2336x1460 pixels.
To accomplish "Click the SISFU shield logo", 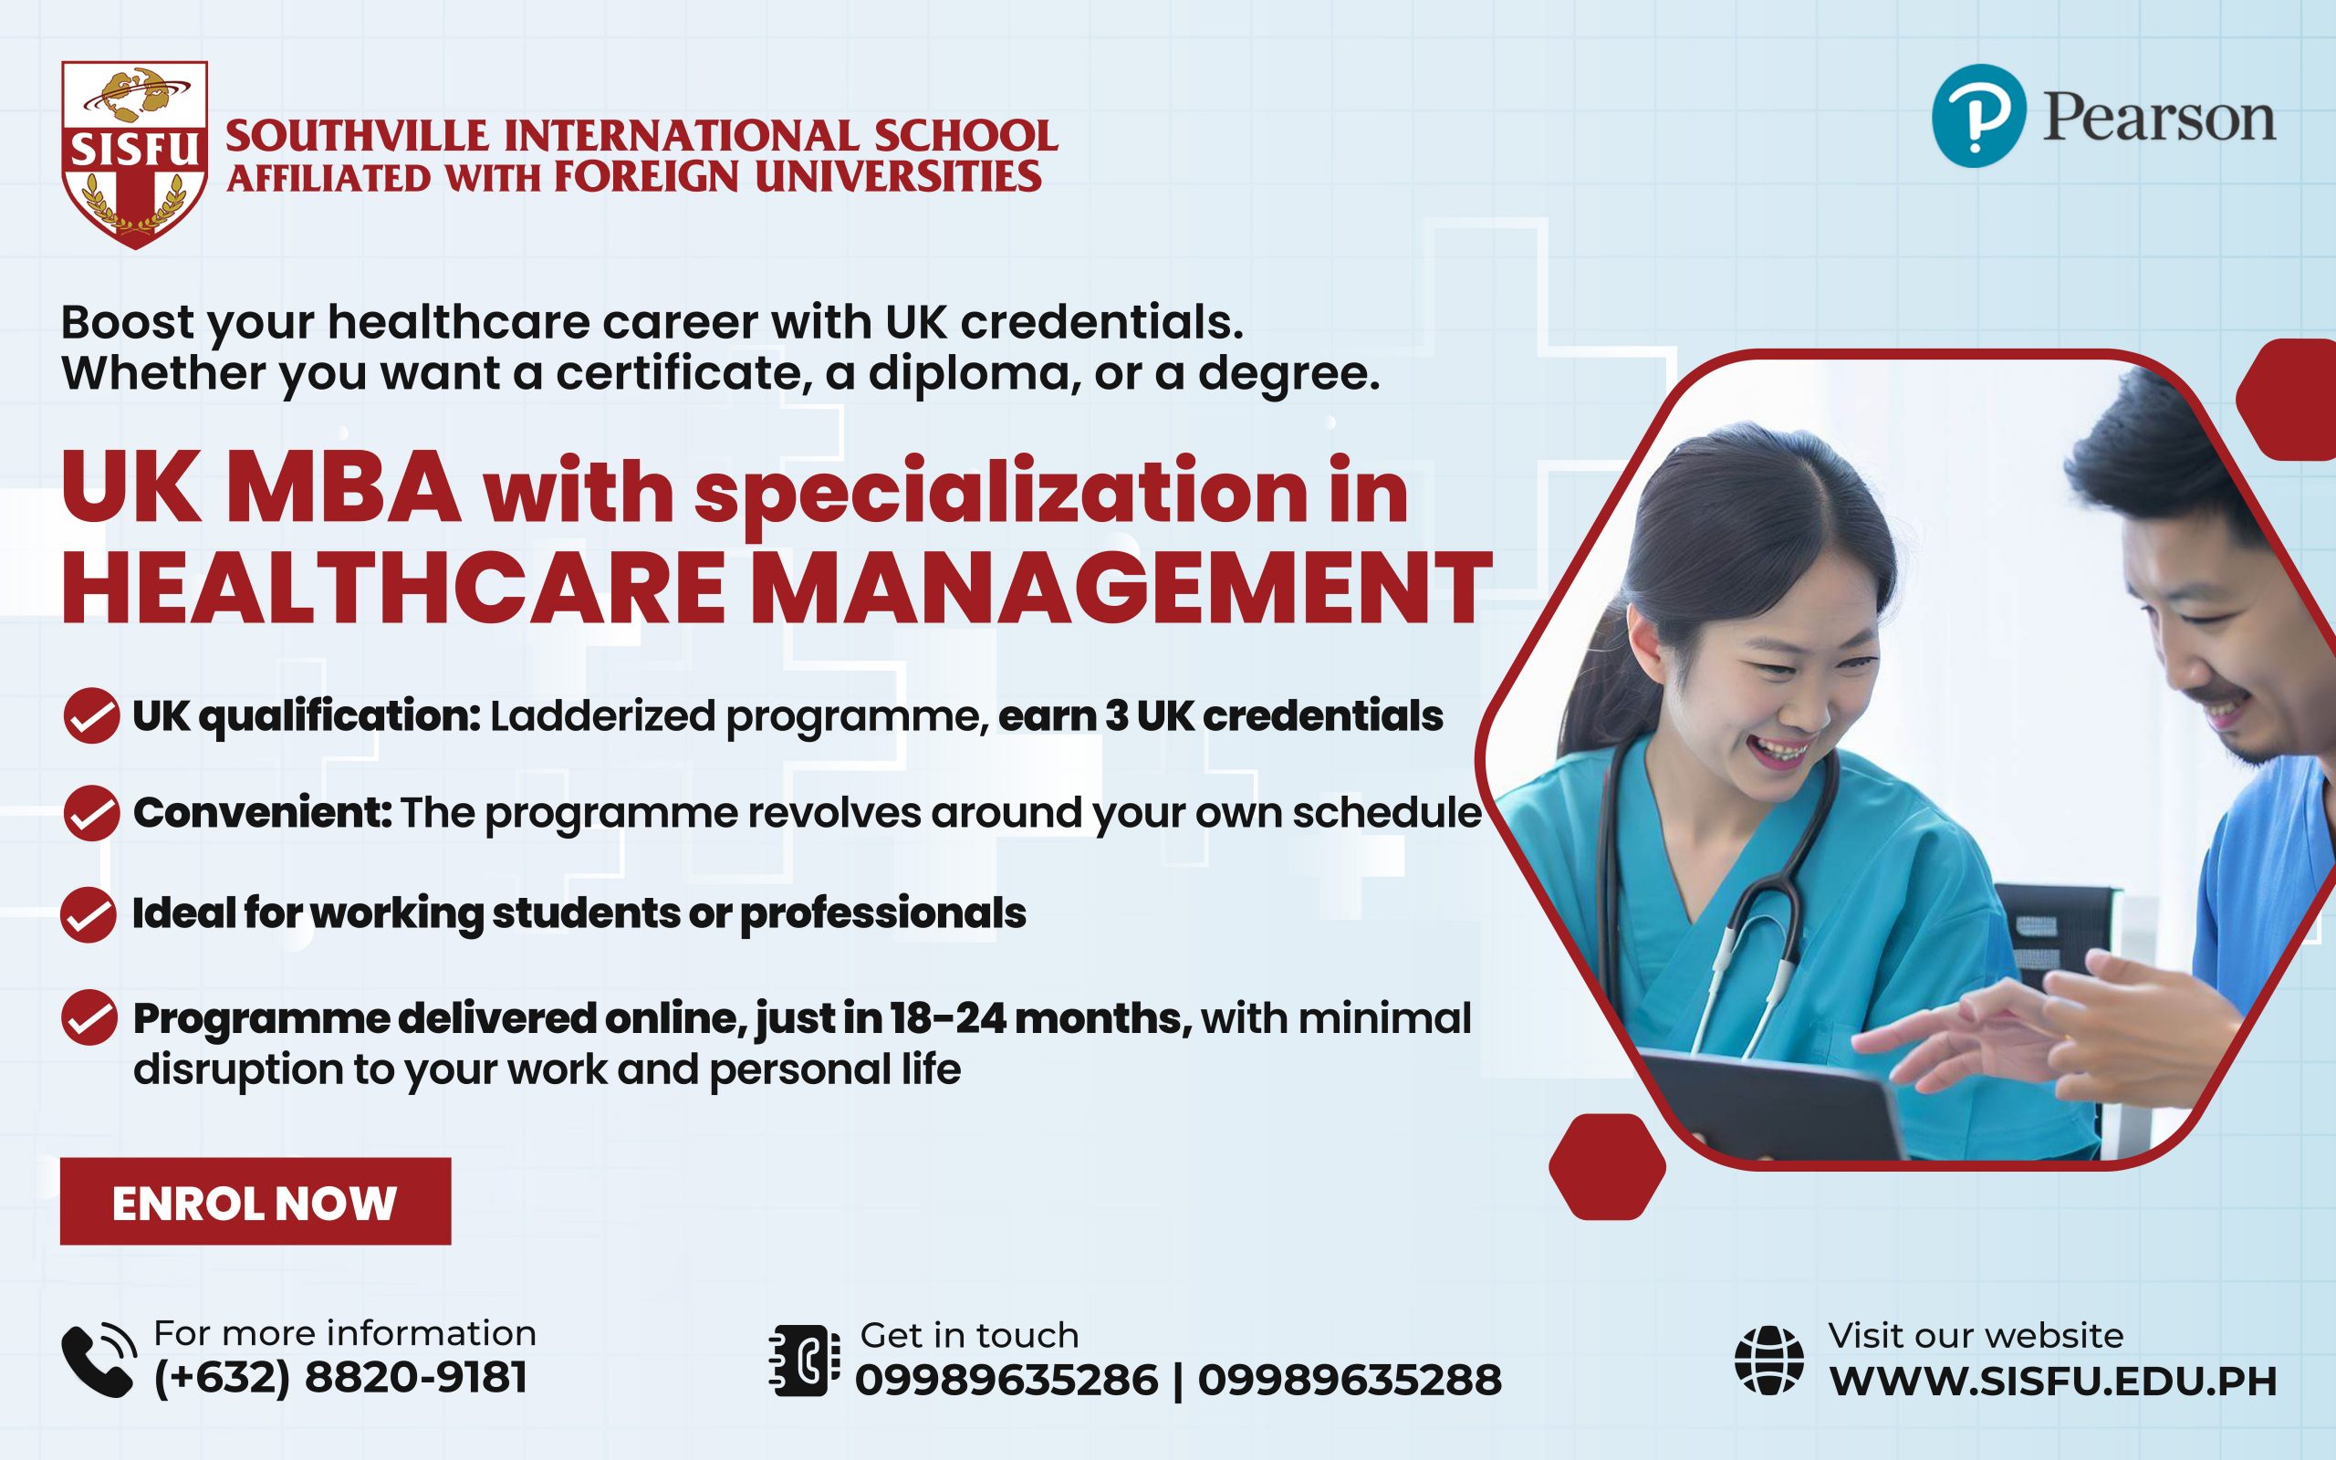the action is [134, 154].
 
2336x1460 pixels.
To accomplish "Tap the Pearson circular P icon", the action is [1978, 116].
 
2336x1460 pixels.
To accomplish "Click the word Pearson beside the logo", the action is [2158, 119].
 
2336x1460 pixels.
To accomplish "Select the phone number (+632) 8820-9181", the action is [340, 1378].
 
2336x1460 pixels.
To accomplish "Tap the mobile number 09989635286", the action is [1006, 1380].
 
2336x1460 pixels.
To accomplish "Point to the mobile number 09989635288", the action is [1350, 1380].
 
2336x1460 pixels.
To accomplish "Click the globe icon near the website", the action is [1768, 1361].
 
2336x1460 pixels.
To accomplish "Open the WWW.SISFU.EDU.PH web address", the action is [2053, 1382].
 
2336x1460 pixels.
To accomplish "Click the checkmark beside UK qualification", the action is [90, 715].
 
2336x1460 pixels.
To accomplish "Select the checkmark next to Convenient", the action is [90, 813].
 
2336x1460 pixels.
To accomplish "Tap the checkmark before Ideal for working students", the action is [89, 914].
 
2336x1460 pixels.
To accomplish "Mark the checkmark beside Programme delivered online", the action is [89, 1017].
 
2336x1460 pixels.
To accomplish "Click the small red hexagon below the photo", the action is [1607, 1166].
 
